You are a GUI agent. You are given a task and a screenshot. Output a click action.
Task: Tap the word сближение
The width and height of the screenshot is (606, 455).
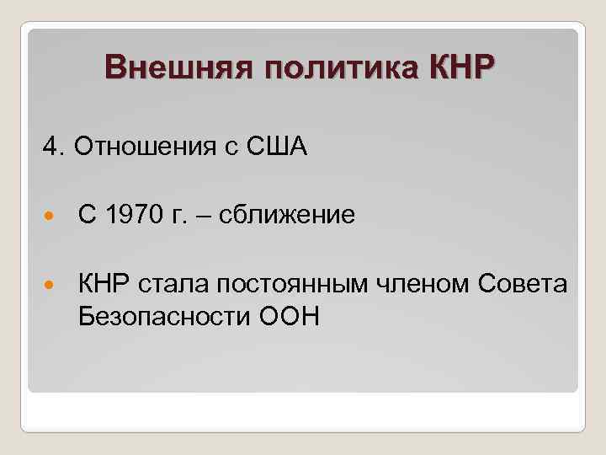tap(287, 217)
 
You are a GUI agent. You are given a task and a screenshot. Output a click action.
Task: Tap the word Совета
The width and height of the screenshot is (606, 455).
tap(525, 285)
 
